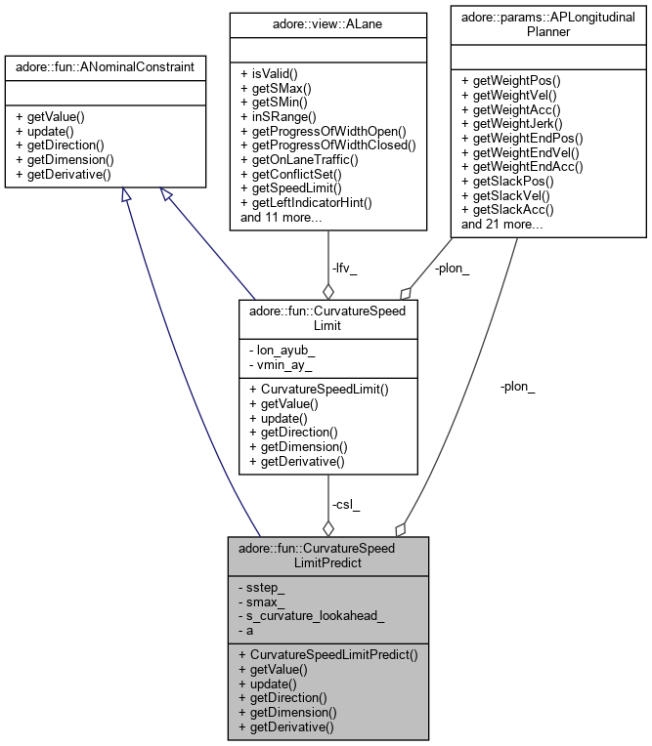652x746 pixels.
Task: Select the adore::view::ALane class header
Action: [327, 20]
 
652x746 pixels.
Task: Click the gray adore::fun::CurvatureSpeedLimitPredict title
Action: [327, 556]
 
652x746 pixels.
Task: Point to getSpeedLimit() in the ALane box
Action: [290, 188]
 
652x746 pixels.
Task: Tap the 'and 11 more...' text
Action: [282, 218]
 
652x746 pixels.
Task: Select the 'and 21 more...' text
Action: [502, 225]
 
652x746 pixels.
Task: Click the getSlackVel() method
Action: [506, 195]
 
